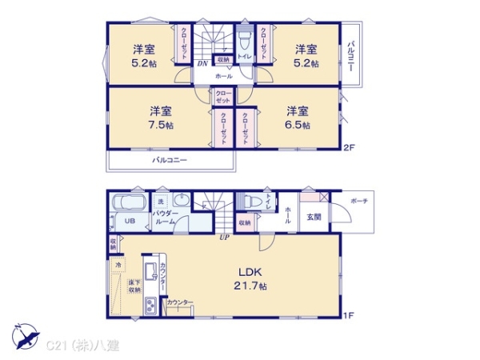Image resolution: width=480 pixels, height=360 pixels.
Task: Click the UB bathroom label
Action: coord(129,223)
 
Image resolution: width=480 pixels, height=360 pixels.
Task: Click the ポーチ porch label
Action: coord(358,202)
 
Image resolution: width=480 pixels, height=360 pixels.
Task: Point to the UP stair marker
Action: coord(226,238)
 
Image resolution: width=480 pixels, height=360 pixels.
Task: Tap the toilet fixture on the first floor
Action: coord(250,201)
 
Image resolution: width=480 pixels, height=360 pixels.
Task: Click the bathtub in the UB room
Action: coord(129,202)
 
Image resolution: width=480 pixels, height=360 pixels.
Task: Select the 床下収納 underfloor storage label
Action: coord(133,287)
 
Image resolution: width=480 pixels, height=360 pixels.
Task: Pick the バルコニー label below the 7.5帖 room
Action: coord(170,160)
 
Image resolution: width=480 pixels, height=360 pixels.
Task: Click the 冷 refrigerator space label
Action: coord(118,265)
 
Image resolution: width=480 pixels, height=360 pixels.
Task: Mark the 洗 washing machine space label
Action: coord(161,201)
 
